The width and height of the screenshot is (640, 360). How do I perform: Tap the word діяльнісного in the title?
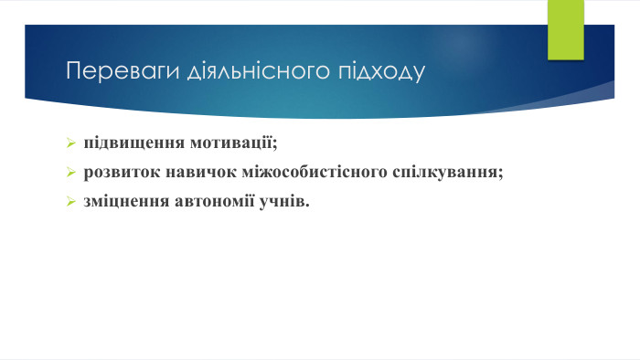[x=240, y=70]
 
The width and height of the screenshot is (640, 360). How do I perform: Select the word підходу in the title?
[x=379, y=70]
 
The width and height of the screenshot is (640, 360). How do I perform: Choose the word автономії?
[x=208, y=199]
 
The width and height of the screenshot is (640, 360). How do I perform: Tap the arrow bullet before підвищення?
[x=70, y=144]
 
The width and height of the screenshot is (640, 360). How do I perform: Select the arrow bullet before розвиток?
[x=70, y=172]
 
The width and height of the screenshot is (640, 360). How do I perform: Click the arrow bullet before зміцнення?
[x=70, y=200]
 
